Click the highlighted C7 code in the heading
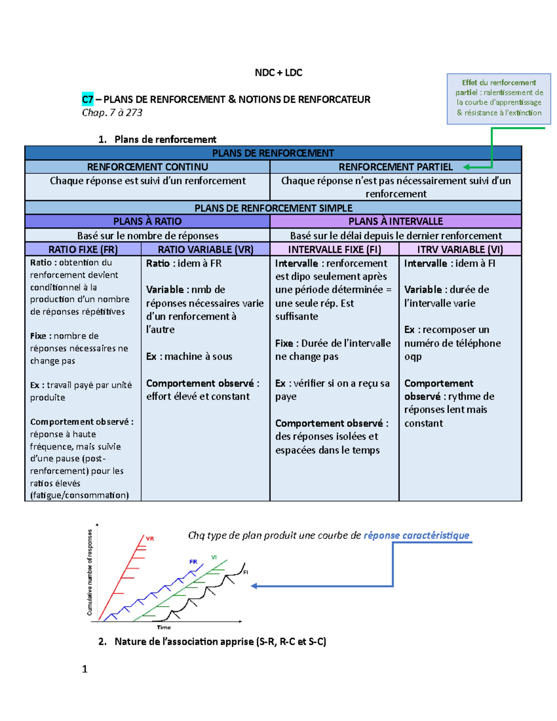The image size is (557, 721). pos(87,99)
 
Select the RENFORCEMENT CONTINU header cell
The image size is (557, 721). pos(148,167)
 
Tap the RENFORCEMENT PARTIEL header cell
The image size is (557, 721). pos(395,167)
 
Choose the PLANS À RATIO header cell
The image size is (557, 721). pos(148,221)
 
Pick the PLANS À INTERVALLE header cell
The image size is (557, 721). pos(395,221)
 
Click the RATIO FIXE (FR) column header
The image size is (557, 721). pos(83,249)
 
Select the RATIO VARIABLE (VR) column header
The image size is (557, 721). pos(206,249)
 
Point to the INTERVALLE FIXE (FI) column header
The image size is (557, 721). pos(334,249)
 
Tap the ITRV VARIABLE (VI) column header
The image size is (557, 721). pos(460,249)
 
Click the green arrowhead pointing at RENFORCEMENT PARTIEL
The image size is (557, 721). pos(466,167)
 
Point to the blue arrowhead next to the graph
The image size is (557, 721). pos(254,586)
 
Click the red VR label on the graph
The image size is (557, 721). pos(150,539)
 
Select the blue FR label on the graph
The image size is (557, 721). pos(193,562)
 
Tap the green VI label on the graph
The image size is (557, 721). pos(214,557)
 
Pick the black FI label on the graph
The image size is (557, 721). pos(246,572)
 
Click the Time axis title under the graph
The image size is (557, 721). pos(164,627)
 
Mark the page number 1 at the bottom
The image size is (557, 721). pos(84,669)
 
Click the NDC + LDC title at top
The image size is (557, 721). pos(278,73)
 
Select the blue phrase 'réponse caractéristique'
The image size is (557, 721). pos(416,535)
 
